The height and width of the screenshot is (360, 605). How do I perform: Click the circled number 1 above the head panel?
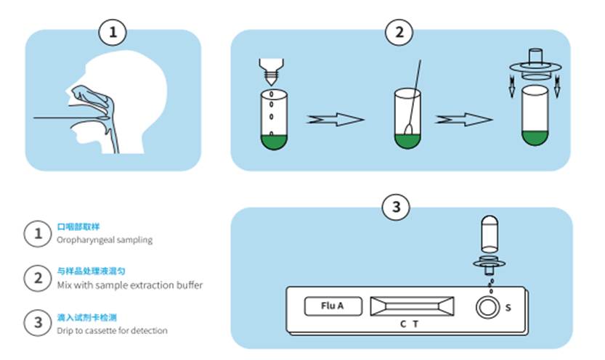coord(113,33)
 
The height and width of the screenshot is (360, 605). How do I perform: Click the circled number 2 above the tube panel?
coord(399,33)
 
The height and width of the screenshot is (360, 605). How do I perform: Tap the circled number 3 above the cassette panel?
coord(396,208)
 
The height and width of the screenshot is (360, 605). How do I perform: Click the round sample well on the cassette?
coord(487,308)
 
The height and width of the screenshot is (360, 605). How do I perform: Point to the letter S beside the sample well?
coord(508,308)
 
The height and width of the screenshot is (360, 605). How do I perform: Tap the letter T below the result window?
coord(415,324)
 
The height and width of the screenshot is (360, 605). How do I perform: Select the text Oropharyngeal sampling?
coord(105,240)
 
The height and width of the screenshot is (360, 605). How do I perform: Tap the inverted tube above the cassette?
coord(490,235)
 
